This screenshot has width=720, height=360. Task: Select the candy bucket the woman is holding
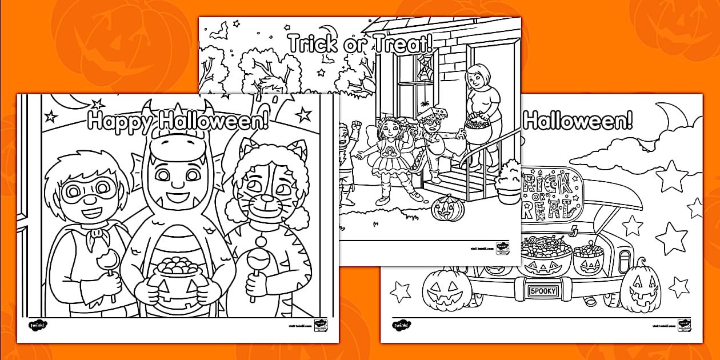[479, 130]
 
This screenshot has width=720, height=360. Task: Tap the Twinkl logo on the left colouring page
[38, 325]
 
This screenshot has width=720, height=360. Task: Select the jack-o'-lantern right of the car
[639, 285]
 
